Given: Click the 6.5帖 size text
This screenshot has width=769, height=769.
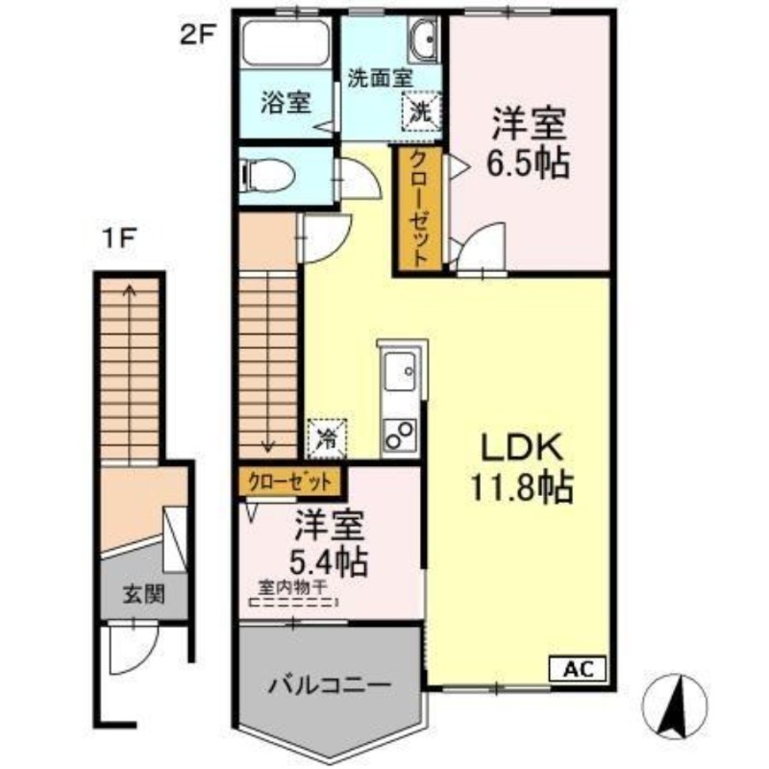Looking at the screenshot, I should click(x=528, y=162).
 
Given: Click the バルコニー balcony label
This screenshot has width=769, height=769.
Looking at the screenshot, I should click(x=330, y=686).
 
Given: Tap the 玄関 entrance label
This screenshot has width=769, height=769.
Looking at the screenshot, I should click(x=141, y=592).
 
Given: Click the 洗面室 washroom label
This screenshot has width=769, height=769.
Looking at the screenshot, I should click(x=381, y=77).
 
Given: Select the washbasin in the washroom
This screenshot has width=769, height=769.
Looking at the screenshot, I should click(x=423, y=42).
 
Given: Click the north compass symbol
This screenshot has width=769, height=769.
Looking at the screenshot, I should click(x=683, y=705).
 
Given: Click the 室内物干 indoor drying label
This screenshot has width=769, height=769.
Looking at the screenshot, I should click(x=291, y=586).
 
